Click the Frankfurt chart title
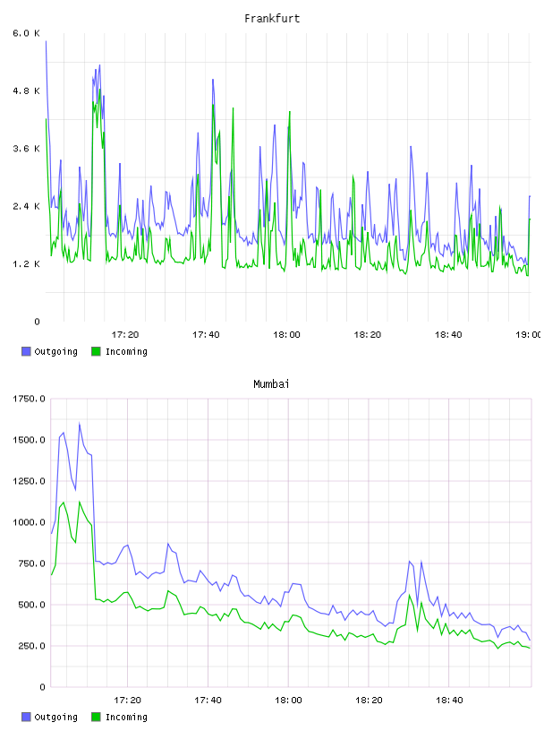(272, 19)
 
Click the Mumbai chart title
(271, 384)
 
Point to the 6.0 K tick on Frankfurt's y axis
(26, 33)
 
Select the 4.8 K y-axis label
(26, 90)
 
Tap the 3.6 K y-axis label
(26, 149)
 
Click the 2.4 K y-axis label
(26, 207)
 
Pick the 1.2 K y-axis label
(26, 264)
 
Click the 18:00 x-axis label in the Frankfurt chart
(286, 335)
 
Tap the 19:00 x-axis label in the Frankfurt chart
(529, 335)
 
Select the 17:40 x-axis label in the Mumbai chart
(208, 701)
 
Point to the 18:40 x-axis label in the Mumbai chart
(449, 701)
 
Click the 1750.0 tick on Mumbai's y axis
(29, 399)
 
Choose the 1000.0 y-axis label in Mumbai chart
(29, 522)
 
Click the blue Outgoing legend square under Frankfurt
(26, 351)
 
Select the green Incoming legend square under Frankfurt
(96, 351)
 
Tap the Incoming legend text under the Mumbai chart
(126, 718)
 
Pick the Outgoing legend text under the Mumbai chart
(55, 718)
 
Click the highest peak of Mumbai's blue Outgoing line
(79, 424)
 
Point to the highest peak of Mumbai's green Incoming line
(79, 502)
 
